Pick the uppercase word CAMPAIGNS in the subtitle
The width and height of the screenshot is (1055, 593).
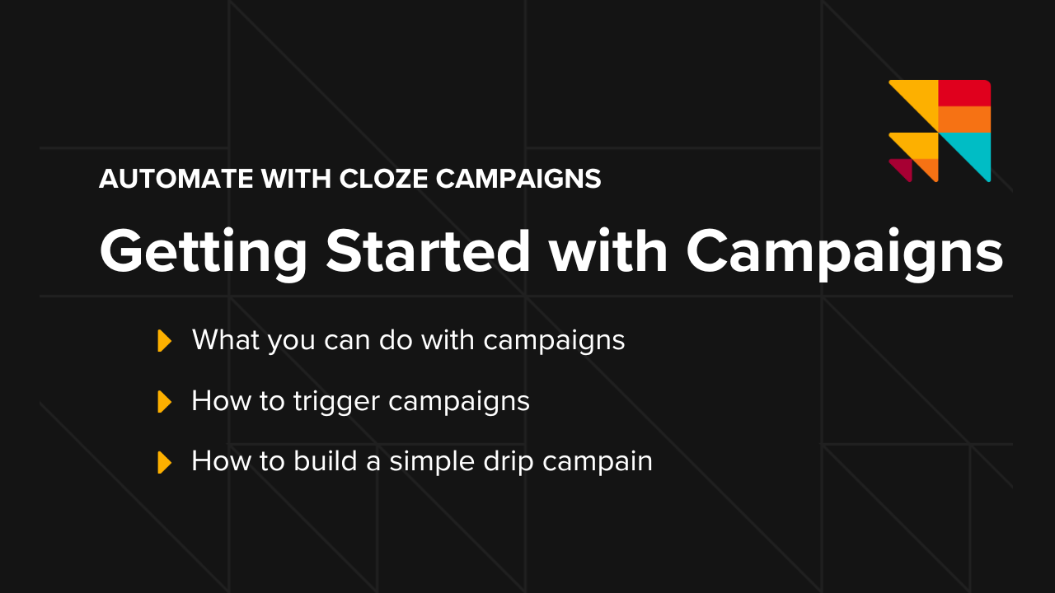point(518,179)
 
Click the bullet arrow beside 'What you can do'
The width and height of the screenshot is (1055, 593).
point(165,341)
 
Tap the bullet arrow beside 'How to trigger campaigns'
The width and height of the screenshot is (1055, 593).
point(165,402)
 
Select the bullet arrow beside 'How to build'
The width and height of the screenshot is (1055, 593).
point(165,462)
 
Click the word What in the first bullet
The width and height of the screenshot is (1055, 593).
point(224,340)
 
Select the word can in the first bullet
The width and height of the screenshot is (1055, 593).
point(341,340)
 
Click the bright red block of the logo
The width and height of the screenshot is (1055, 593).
point(964,93)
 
